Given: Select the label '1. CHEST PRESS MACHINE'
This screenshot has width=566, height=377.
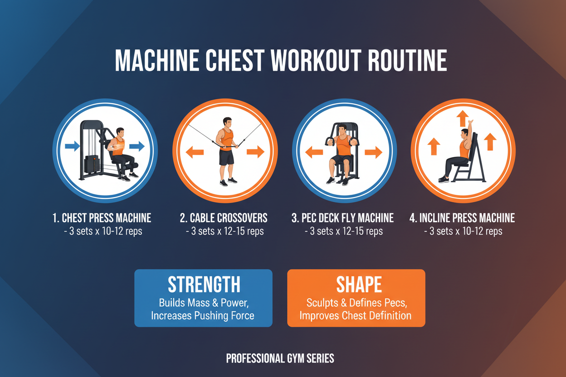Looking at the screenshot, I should coord(102,218).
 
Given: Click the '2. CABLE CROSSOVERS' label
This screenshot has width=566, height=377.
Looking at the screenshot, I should coord(224,218).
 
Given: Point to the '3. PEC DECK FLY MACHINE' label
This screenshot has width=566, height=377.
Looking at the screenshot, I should coord(342,218).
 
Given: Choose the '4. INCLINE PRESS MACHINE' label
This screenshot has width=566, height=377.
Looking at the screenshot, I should coord(462,218).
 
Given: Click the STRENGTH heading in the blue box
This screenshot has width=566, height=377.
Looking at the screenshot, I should coord(204,285).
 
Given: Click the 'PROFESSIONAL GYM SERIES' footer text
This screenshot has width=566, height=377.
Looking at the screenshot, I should coord(280,358).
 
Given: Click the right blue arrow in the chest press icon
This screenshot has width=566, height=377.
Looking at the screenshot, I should coord(137,146).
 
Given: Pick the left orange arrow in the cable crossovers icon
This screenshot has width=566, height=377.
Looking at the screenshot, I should coord(195,152).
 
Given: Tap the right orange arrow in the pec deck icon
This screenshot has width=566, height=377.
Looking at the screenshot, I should coord(373,152).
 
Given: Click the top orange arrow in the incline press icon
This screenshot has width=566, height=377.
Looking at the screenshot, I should coord(462,119).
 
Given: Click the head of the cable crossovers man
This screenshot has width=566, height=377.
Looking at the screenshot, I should coord(227,124).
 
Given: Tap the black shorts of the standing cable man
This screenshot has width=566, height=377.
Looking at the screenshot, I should coord(226,157).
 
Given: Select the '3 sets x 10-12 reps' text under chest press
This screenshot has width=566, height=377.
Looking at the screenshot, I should coord(102,231).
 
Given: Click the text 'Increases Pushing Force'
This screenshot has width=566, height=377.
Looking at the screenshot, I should coord(203,315).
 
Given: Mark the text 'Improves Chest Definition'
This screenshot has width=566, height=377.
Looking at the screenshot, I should coord(356,315).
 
